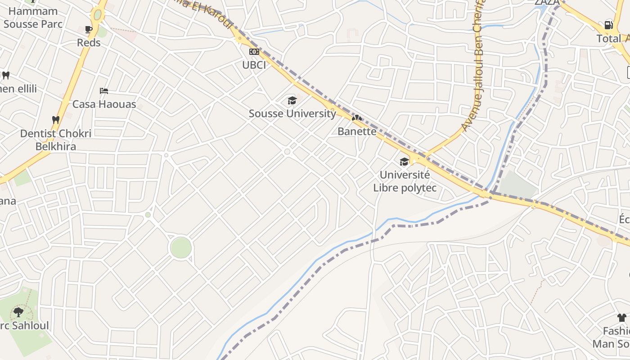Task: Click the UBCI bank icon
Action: click(254, 52)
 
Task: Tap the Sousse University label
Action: click(292, 113)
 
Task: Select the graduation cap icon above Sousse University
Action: click(292, 100)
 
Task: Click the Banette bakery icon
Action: click(357, 118)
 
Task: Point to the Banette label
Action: click(357, 131)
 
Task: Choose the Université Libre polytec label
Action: click(405, 181)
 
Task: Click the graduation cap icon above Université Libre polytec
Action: click(404, 162)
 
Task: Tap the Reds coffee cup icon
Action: click(89, 29)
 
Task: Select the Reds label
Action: click(89, 43)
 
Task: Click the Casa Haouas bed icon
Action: click(104, 91)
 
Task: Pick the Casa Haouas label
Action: click(104, 104)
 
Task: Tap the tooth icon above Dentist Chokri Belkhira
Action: click(56, 120)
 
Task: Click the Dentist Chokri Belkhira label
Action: click(56, 140)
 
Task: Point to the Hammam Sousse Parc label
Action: click(33, 18)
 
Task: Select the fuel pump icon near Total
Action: click(608, 25)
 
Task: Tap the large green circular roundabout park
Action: click(181, 247)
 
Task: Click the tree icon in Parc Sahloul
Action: click(18, 311)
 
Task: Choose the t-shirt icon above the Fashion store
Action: click(622, 318)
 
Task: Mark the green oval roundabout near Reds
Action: click(97, 15)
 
